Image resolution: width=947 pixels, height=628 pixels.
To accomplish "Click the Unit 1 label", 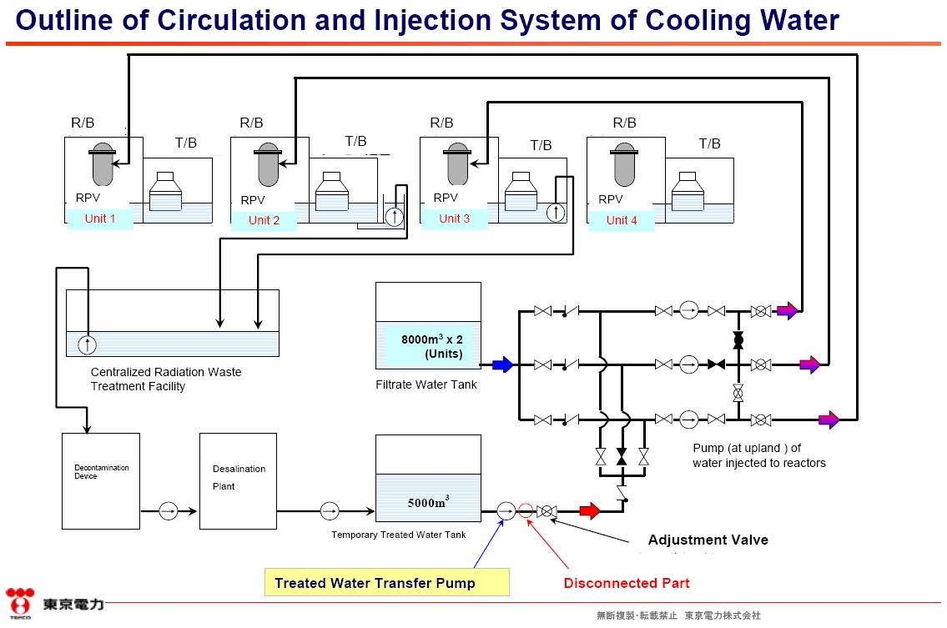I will point(100,219).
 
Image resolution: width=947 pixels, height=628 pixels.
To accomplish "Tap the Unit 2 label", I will point(264,220).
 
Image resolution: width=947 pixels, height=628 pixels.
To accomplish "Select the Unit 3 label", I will point(454,219).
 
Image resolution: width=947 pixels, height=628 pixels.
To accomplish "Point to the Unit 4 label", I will point(622,220).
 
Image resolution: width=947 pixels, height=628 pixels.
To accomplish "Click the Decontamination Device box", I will point(101,480).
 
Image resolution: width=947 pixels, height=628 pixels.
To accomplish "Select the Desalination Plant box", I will point(238,480).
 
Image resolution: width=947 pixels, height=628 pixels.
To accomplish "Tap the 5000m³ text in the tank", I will point(428,502).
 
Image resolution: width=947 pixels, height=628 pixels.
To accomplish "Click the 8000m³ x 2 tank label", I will point(432,346).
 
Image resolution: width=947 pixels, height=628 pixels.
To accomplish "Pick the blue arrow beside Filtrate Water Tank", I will point(501,364).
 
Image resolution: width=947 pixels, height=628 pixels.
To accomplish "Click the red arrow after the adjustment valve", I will point(590,510).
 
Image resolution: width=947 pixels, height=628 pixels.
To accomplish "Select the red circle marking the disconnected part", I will point(526,510).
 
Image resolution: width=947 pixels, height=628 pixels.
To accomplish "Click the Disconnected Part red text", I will point(627,583).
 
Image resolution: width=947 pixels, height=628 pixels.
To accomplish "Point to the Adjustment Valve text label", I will point(708,540).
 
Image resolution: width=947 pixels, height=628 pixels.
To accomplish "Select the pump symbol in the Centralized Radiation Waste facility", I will point(87,344).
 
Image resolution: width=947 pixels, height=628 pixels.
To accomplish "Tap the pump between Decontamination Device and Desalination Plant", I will point(169,510).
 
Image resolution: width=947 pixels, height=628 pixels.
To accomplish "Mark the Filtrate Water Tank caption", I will point(426,384).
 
